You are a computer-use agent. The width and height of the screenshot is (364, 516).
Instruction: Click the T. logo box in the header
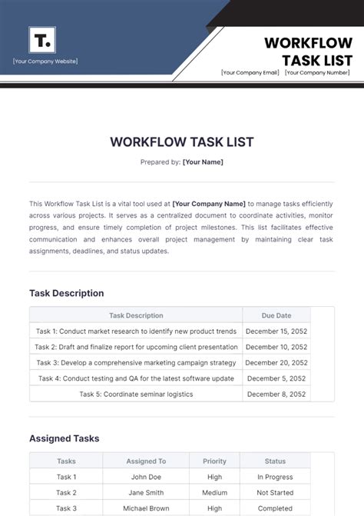41,40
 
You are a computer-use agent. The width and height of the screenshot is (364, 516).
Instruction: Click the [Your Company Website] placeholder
45,62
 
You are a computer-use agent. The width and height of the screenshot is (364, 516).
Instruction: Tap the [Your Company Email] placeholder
249,73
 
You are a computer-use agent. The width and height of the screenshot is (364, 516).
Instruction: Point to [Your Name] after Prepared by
203,162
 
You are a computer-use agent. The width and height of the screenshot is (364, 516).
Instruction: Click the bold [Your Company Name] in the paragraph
209,204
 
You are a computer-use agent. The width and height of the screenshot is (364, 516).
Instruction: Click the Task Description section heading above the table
66,293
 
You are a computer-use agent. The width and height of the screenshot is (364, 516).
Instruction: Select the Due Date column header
276,315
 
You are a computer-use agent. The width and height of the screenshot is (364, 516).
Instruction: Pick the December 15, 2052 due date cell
276,331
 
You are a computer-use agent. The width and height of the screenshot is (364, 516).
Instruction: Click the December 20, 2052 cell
276,362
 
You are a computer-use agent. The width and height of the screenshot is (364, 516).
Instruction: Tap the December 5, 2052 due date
276,378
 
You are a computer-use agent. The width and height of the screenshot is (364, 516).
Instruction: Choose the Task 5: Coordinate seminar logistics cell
136,394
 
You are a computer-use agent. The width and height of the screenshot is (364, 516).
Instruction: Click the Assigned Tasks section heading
64,438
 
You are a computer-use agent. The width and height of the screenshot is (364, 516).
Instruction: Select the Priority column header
214,461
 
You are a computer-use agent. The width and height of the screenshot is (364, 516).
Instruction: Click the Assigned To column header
146,461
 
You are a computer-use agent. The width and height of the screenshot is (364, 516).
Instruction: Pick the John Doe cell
146,477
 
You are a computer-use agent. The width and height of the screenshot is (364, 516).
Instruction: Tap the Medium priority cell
214,493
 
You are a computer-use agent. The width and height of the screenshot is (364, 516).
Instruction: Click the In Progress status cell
275,477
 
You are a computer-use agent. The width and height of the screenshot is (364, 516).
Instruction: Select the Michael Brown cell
146,508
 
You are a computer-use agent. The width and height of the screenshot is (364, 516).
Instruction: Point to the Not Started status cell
275,493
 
